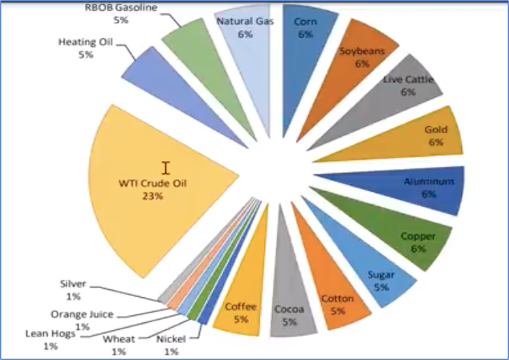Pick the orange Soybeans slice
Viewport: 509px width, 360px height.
357,64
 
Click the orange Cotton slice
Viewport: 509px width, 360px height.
337,302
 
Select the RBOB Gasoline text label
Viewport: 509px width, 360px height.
121,8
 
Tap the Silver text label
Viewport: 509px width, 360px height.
73,284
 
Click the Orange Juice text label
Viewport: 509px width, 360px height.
82,314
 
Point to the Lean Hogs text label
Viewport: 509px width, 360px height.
51,334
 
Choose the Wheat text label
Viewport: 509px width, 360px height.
119,339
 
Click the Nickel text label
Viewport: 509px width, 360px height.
171,339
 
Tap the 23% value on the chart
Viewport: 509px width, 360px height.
152,196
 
